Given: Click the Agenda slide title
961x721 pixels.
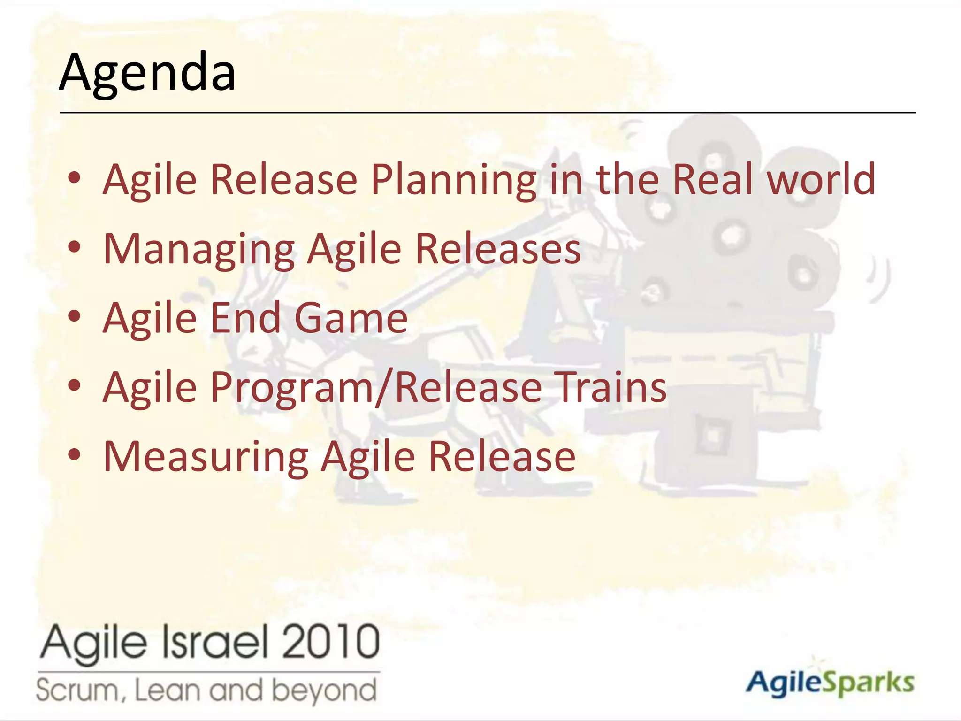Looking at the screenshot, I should click(147, 73).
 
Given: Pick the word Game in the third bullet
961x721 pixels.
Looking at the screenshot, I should click(351, 318).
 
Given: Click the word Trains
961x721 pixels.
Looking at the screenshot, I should click(610, 387).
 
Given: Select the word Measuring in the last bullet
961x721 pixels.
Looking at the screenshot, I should click(206, 457).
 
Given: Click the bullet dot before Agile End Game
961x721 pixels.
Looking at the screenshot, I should click(75, 316).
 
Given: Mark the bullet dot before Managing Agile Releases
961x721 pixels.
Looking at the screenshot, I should click(75, 247).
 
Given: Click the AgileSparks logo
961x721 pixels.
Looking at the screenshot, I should click(830, 682).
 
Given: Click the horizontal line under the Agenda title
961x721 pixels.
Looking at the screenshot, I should click(488, 113).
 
